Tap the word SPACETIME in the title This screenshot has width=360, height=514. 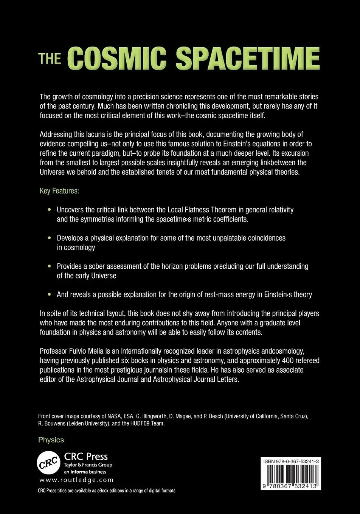tap(248, 58)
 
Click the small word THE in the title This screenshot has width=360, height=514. tap(50, 59)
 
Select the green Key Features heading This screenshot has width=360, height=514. tap(59, 191)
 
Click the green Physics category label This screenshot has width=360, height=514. tap(51, 440)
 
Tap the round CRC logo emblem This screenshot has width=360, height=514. tap(49, 463)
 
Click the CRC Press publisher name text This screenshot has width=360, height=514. tap(86, 457)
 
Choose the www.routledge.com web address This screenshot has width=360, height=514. tap(76, 480)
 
